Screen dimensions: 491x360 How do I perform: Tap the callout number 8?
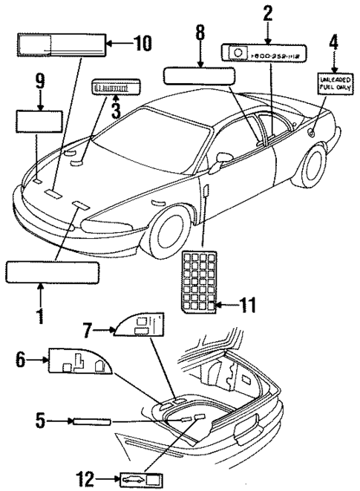(200, 33)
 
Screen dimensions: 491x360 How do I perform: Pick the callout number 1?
(39, 314)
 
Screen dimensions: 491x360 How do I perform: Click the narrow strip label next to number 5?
(91, 422)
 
